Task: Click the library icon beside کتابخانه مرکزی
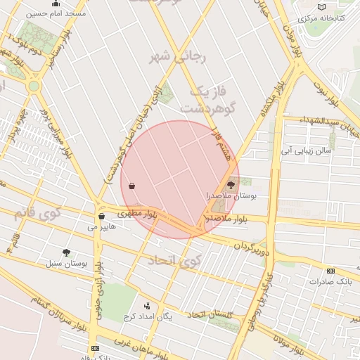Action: pyautogui.click(x=321, y=6)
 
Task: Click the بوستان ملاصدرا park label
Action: pyautogui.click(x=231, y=198)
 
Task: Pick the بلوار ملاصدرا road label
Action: pyautogui.click(x=226, y=219)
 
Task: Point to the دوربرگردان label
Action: pyautogui.click(x=252, y=247)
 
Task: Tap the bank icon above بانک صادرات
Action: pyautogui.click(x=330, y=271)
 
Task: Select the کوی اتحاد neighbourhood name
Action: pyautogui.click(x=174, y=262)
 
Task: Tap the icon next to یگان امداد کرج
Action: pyautogui.click(x=147, y=306)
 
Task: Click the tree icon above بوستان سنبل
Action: pyautogui.click(x=66, y=252)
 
